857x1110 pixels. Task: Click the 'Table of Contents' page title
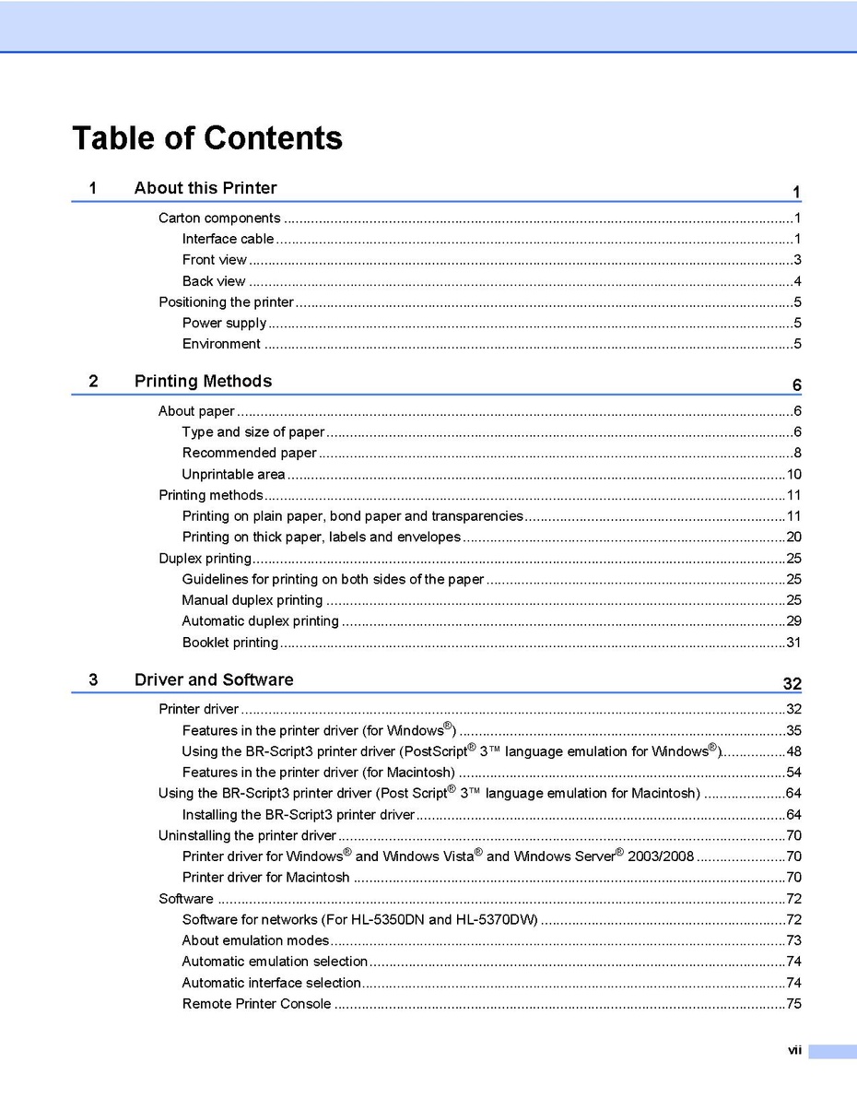point(207,138)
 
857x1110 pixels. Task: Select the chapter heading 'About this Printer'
point(205,188)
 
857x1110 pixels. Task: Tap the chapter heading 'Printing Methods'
point(203,382)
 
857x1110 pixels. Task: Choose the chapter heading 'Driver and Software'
point(214,680)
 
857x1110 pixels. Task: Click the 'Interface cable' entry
point(228,240)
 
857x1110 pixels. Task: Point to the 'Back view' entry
point(214,281)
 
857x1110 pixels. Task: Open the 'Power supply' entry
point(224,324)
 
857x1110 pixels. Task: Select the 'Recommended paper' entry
point(249,454)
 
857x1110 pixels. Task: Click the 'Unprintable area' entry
point(233,475)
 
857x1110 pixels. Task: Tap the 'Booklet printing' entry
point(230,643)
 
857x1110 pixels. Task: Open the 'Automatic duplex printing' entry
point(260,621)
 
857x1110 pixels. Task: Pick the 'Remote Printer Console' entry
point(256,1004)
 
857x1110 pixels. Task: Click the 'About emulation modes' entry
point(255,940)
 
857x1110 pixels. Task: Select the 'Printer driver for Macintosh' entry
point(265,878)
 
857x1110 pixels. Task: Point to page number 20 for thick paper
point(793,537)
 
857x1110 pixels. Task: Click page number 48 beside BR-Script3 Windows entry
point(793,751)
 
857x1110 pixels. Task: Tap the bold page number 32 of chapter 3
point(792,684)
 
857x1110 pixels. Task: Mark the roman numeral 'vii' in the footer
point(794,1050)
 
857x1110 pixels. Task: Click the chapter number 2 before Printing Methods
point(94,382)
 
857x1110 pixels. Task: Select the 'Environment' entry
point(221,345)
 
